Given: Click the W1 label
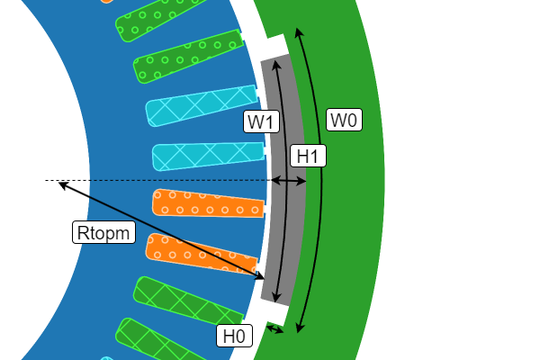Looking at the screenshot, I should [x=262, y=121].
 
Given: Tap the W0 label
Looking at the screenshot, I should [x=344, y=120].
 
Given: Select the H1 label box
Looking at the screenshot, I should [x=309, y=157].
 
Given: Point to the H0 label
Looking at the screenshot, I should [x=234, y=336].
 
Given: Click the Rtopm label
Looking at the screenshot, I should [x=104, y=233].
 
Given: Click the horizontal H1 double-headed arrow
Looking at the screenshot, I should [x=289, y=181].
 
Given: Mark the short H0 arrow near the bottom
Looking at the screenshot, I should [x=274, y=330].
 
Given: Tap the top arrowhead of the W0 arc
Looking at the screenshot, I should [x=298, y=31].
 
